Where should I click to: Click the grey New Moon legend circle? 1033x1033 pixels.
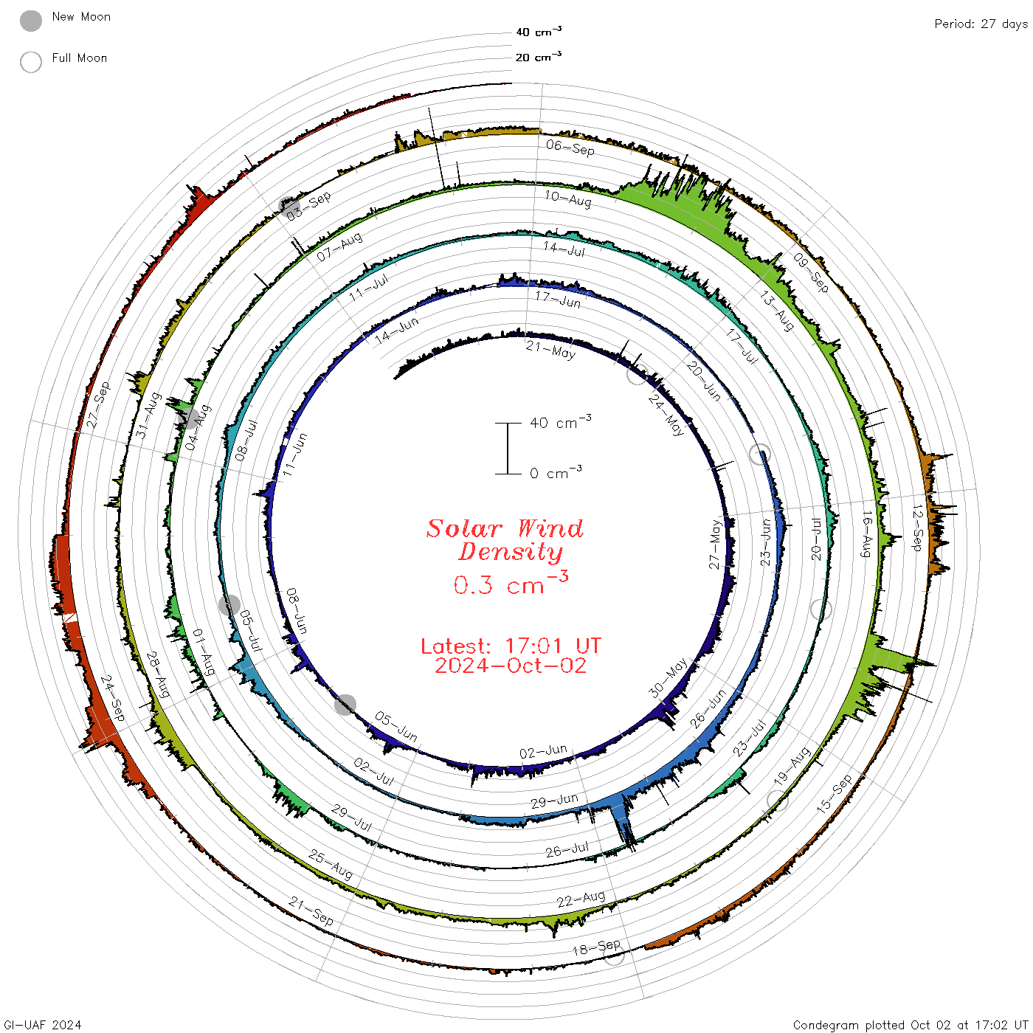[x=31, y=21]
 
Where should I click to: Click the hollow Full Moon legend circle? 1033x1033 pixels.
[x=31, y=62]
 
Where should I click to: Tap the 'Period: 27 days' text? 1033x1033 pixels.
[x=981, y=24]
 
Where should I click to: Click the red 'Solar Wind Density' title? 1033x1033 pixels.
[x=505, y=540]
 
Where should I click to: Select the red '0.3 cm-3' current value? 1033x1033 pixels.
[x=511, y=583]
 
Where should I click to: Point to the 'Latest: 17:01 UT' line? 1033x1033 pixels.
[x=511, y=646]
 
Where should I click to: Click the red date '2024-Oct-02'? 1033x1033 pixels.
[x=511, y=666]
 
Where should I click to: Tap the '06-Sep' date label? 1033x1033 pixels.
[x=570, y=148]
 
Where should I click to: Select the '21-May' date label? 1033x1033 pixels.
[x=550, y=350]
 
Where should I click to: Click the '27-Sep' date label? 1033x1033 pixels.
[x=98, y=405]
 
